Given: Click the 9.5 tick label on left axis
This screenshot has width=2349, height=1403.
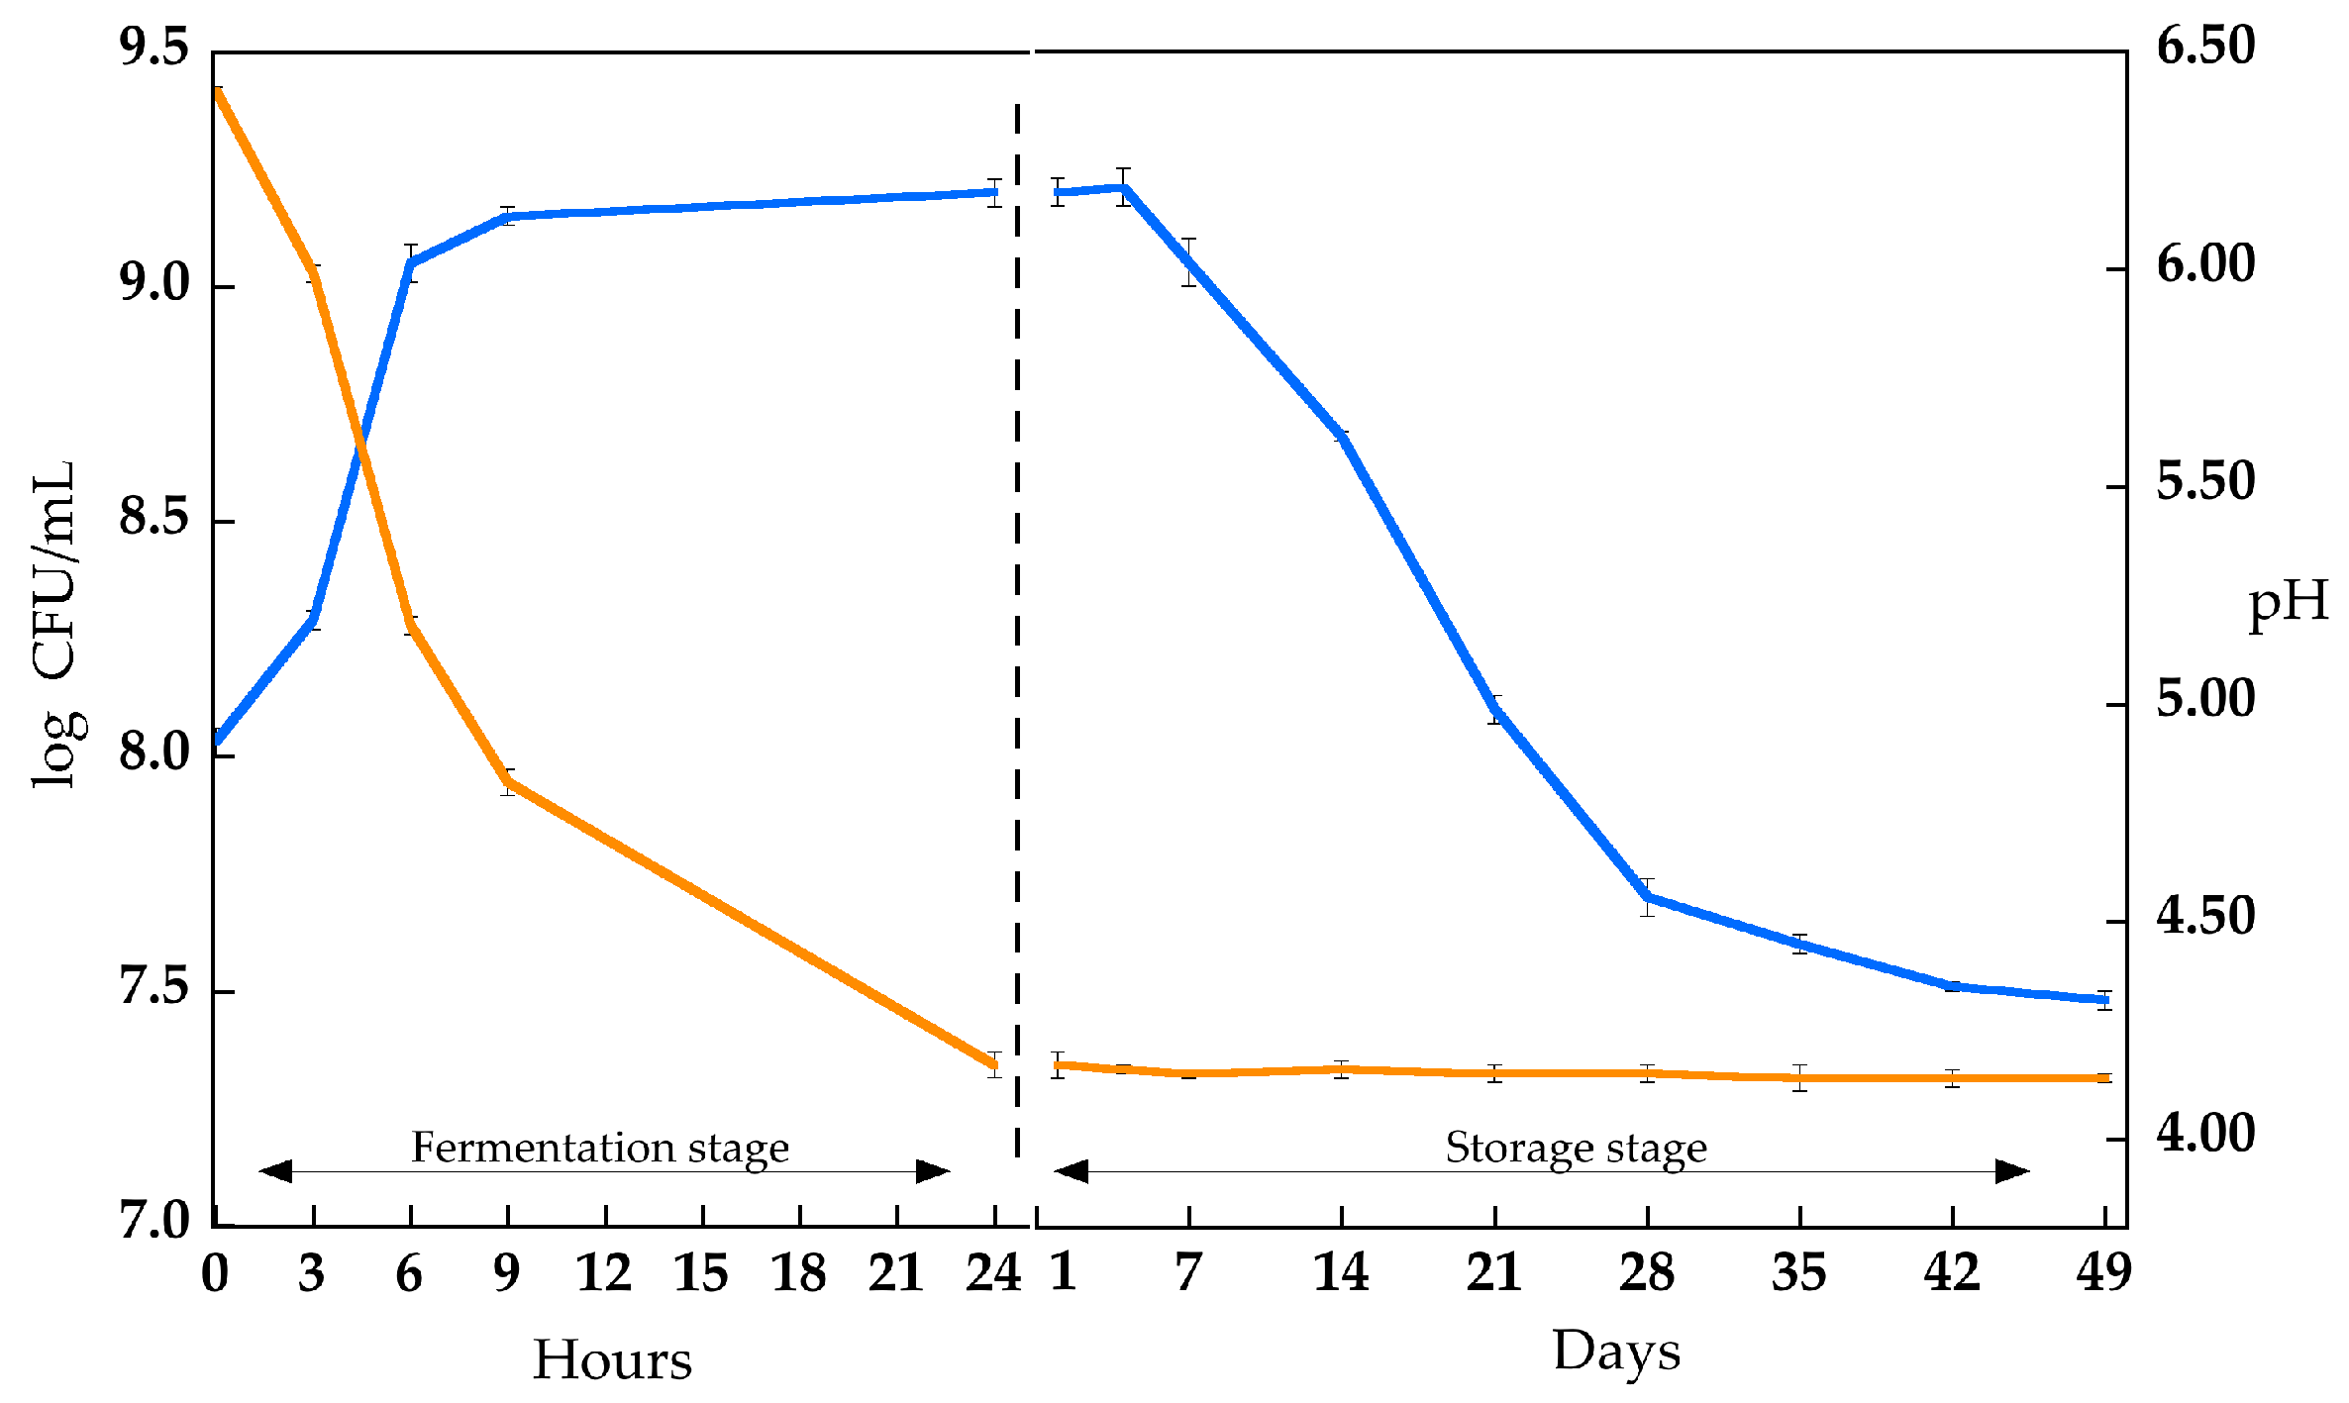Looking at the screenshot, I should point(153,48).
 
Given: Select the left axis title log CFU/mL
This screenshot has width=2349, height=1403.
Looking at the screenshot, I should point(54,625).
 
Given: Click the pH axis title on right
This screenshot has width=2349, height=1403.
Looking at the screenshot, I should point(2288,604).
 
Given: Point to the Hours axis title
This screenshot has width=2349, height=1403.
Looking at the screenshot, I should point(612,1359).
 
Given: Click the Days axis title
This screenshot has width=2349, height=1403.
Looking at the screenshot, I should point(1616,1352).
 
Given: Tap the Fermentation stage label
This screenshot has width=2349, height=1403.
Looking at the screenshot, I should point(600,1148).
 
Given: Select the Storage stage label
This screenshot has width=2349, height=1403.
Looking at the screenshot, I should point(1576,1148).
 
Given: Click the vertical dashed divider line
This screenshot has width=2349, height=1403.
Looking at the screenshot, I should point(1017,634).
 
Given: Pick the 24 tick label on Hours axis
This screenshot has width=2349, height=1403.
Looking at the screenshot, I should point(993,1272).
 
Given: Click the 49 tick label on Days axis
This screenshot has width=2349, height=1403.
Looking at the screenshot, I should point(2103,1272).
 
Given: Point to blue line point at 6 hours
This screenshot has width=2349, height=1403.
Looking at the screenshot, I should point(411,262).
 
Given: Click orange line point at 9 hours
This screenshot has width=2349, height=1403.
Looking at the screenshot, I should point(508,782).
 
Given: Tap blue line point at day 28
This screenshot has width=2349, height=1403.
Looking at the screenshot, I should point(1647,897).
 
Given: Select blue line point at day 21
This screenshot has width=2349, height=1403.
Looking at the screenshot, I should point(1495,710).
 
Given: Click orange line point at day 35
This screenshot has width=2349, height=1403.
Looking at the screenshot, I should point(1799,1077).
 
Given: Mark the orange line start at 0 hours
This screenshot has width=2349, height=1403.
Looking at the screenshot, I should point(217,90).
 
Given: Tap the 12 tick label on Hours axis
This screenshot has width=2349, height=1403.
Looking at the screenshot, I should point(604,1272).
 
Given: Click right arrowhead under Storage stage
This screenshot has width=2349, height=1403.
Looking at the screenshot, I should point(2012,1171).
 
